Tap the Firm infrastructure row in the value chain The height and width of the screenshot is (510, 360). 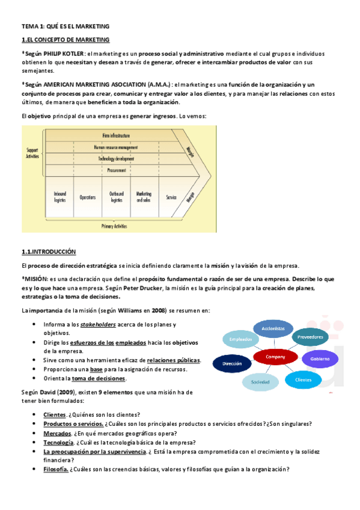pyautogui.click(x=116, y=136)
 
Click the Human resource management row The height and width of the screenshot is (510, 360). pyautogui.click(x=116, y=147)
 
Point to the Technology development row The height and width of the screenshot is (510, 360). pyautogui.click(x=116, y=159)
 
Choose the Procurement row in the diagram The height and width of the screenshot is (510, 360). pyautogui.click(x=116, y=170)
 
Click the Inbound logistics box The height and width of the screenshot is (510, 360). pyautogui.click(x=59, y=197)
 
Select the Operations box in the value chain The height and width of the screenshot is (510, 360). pyautogui.click(x=88, y=197)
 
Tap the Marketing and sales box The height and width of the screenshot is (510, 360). pyautogui.click(x=144, y=197)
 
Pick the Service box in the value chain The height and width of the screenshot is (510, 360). pyautogui.click(x=171, y=197)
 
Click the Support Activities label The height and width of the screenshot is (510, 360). pyautogui.click(x=32, y=153)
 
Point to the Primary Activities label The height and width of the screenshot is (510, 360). pyautogui.click(x=116, y=227)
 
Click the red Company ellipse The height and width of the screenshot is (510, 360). pyautogui.click(x=275, y=357)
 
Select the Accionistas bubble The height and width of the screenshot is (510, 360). pyautogui.click(x=273, y=328)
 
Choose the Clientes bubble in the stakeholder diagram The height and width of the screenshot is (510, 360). pyautogui.click(x=304, y=379)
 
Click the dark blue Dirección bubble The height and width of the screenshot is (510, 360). pyautogui.click(x=232, y=364)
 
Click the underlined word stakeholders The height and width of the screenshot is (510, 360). pyautogui.click(x=99, y=325)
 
